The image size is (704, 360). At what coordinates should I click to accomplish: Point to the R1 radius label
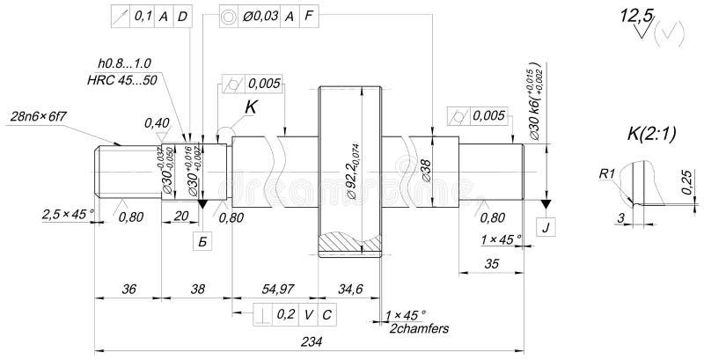point(606,174)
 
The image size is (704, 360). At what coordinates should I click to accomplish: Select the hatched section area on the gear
point(349,240)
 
